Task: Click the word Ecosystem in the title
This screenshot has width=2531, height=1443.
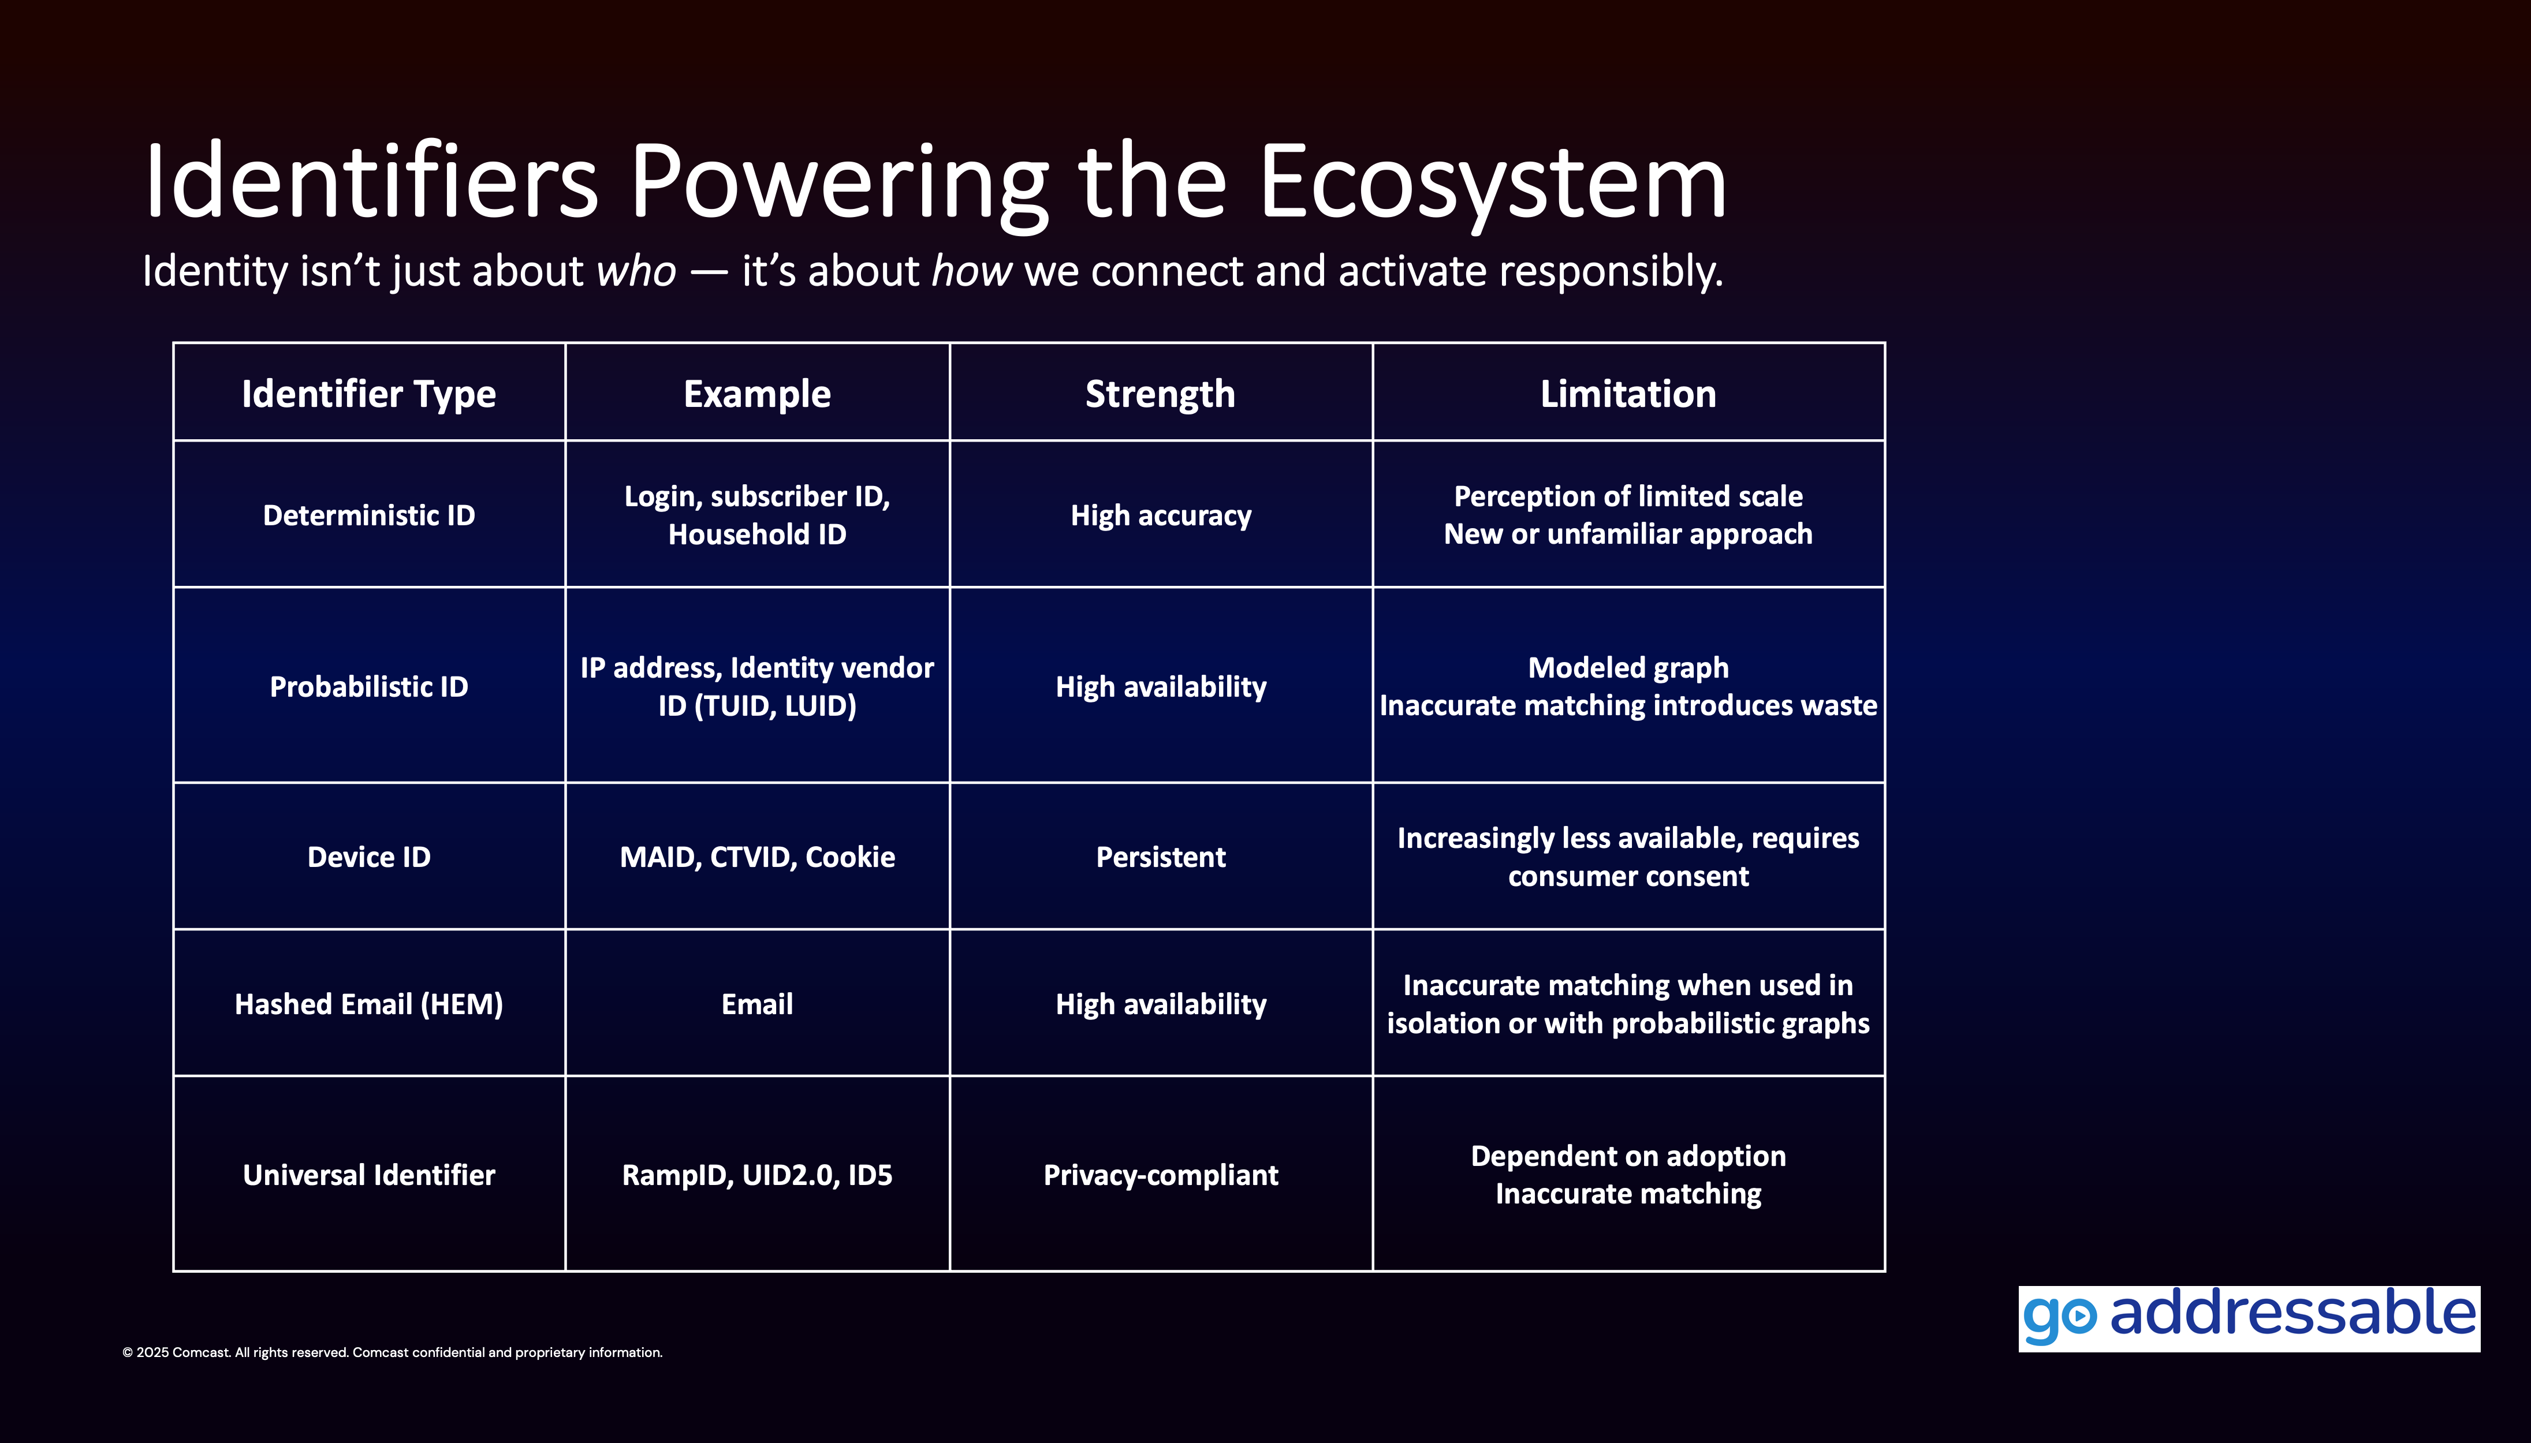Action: (x=1492, y=184)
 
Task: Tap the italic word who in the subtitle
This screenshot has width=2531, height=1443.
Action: (x=635, y=271)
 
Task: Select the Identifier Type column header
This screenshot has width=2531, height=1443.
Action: (x=369, y=394)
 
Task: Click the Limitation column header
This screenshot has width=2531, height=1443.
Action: (x=1628, y=394)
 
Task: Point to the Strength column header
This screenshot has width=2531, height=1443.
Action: (x=1160, y=394)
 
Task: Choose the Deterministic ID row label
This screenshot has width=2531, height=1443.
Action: (x=369, y=515)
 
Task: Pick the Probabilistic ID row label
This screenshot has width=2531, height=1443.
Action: (x=369, y=687)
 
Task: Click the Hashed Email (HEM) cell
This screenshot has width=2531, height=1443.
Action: (x=369, y=1004)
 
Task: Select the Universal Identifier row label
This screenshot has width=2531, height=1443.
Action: (x=369, y=1175)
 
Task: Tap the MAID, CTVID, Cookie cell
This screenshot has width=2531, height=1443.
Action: (x=758, y=857)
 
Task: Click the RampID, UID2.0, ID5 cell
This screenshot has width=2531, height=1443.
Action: (x=758, y=1175)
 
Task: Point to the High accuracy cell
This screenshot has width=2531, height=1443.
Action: (x=1161, y=515)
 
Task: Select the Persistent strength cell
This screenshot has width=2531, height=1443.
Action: (x=1161, y=857)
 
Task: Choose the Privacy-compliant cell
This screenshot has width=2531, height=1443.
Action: (x=1161, y=1175)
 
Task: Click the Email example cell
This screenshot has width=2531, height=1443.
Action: (x=758, y=1004)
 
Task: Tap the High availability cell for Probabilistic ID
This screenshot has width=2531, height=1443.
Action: (x=1161, y=687)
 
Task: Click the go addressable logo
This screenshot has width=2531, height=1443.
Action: (x=2249, y=1318)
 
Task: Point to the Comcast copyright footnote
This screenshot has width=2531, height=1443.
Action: (x=393, y=1353)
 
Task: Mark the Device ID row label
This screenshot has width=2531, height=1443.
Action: (x=369, y=857)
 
